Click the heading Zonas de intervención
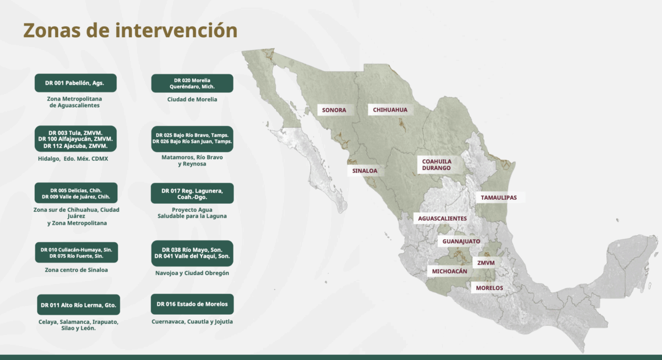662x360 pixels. [130, 30]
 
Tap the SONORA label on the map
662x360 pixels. [334, 110]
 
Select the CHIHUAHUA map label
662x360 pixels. [390, 110]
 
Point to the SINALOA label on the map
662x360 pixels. [365, 171]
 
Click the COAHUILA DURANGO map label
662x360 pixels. [437, 164]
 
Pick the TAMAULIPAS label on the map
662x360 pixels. [499, 197]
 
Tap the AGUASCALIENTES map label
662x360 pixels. [442, 218]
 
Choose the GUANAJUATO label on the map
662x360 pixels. [461, 242]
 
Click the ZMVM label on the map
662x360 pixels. [485, 263]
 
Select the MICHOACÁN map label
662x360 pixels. [449, 271]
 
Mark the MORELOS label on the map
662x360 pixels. [490, 288]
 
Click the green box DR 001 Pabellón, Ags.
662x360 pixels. [75, 83]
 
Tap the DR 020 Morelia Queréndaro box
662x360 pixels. [192, 84]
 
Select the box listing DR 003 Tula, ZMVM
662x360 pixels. [75, 139]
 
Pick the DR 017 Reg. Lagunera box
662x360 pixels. [192, 194]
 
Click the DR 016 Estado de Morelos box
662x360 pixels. [192, 304]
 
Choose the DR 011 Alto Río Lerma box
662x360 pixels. [78, 305]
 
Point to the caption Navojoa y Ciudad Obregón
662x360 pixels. [192, 273]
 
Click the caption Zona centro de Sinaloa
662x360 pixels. [77, 270]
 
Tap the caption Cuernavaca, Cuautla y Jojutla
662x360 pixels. [192, 322]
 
